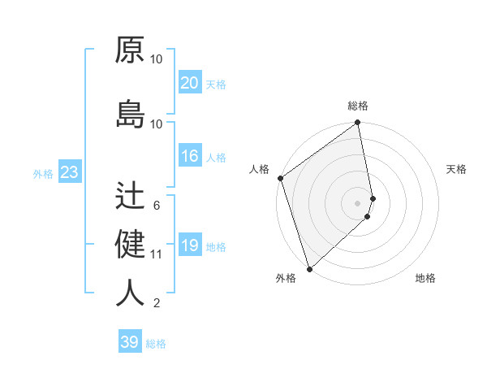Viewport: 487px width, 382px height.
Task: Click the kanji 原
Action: coord(130,50)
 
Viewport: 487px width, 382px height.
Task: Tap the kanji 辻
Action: coord(130,195)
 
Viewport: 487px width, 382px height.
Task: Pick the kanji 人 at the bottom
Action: coord(130,293)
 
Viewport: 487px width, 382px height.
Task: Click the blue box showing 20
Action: coord(190,83)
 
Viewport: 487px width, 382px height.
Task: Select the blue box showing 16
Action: coord(190,157)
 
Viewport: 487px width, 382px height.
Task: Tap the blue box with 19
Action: coord(190,246)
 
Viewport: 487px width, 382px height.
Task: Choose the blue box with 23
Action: coord(69,172)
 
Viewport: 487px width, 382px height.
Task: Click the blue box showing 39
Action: coord(130,342)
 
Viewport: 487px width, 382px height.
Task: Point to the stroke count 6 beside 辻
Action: coord(157,206)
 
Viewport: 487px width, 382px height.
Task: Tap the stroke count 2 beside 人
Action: coord(157,303)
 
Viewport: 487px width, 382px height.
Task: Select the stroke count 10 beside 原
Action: coord(157,59)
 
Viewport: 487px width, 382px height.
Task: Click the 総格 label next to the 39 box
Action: coord(156,344)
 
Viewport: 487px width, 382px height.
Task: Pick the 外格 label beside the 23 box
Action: coord(43,174)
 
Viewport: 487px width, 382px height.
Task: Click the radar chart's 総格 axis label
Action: coord(358,106)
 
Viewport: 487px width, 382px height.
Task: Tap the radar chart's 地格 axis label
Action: coord(425,279)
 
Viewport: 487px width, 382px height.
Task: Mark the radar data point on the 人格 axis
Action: coord(280,178)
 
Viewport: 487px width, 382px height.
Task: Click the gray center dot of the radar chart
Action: coord(358,202)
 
